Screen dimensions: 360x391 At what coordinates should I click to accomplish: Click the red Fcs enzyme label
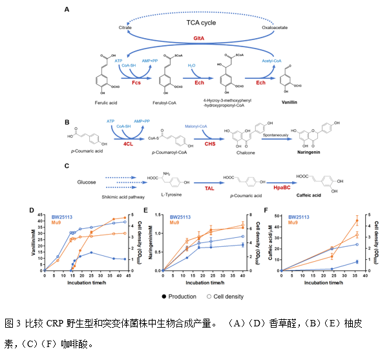[x=136, y=83]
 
